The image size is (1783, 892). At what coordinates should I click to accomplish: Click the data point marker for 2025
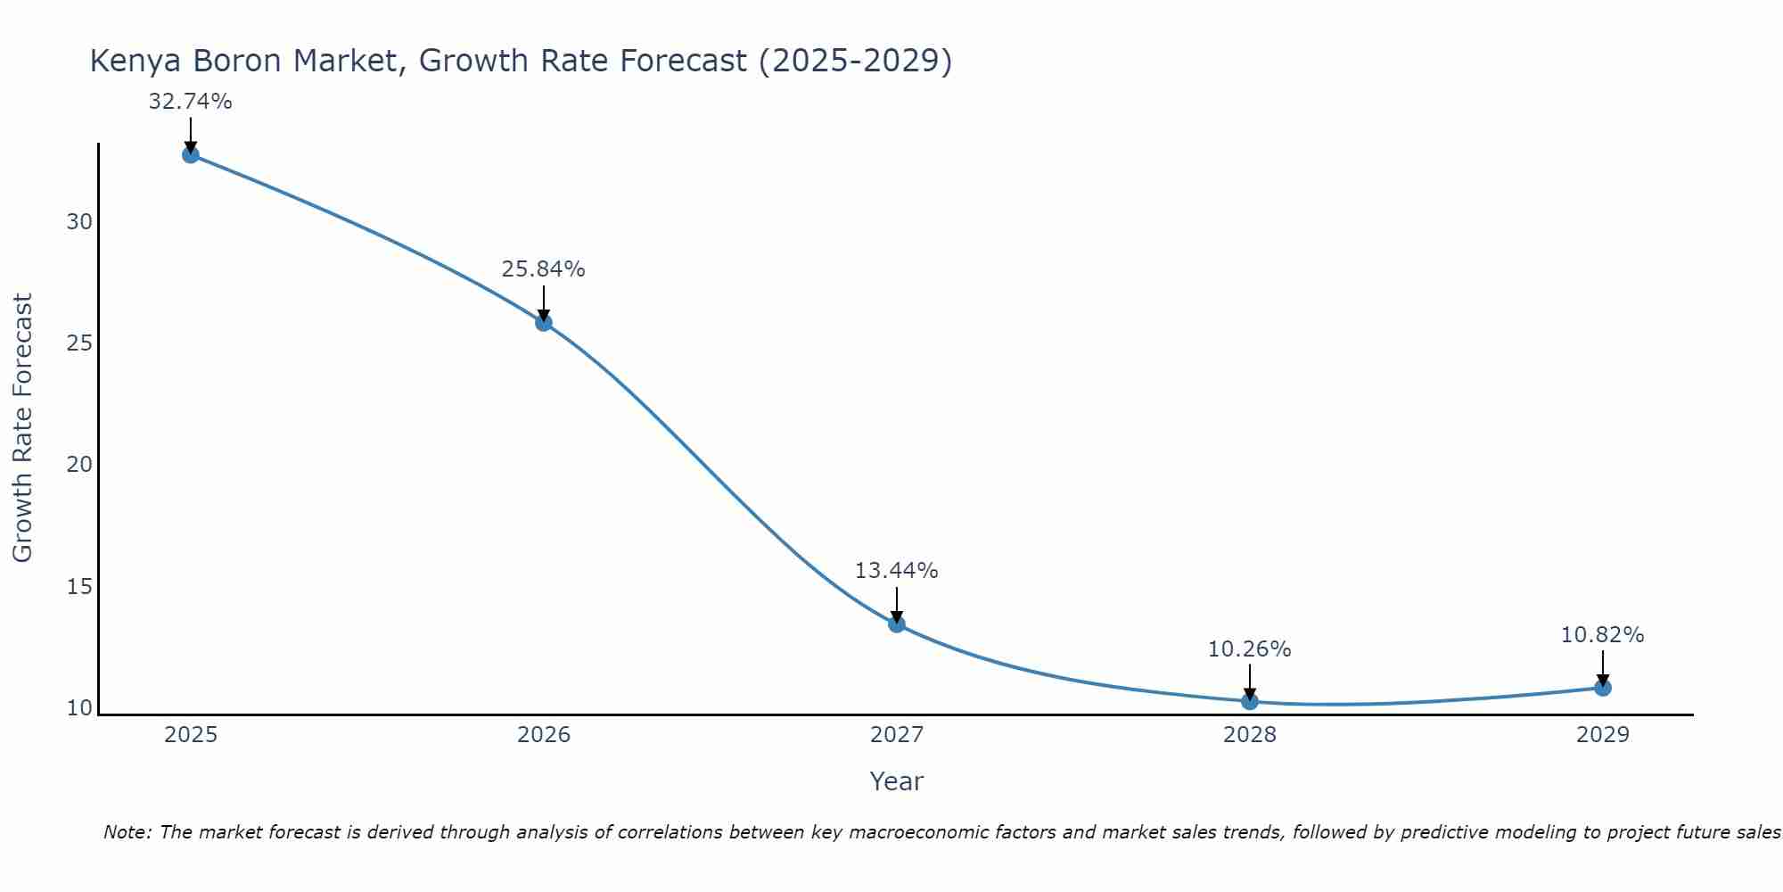click(x=190, y=154)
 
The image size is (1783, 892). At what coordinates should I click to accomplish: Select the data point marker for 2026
click(x=543, y=322)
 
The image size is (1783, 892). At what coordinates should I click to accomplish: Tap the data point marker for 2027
click(x=896, y=624)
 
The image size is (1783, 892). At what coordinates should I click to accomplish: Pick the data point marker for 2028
click(x=1249, y=701)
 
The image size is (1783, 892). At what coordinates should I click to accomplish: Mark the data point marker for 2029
click(x=1602, y=688)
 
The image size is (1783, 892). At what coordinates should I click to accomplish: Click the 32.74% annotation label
click(x=190, y=102)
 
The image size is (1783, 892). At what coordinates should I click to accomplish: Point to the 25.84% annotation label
click(x=543, y=269)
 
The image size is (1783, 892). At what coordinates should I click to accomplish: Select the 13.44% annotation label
click(x=896, y=571)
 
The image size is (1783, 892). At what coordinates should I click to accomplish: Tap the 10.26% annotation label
click(x=1249, y=649)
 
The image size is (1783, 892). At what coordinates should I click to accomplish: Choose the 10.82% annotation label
click(x=1602, y=635)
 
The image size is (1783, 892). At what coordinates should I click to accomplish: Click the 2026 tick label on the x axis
click(x=543, y=735)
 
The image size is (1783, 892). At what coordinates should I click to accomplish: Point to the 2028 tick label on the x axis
click(x=1249, y=735)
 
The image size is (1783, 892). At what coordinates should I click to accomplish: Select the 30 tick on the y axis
click(x=79, y=222)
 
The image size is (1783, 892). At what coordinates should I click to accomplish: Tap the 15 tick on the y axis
click(x=79, y=587)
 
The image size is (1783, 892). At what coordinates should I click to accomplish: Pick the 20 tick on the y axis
click(x=79, y=465)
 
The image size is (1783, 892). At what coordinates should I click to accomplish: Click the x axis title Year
click(x=896, y=781)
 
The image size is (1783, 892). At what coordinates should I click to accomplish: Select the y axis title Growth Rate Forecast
click(x=22, y=428)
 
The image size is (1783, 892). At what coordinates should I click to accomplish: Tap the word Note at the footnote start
click(x=127, y=832)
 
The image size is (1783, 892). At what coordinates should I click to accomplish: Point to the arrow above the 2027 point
click(x=896, y=604)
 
